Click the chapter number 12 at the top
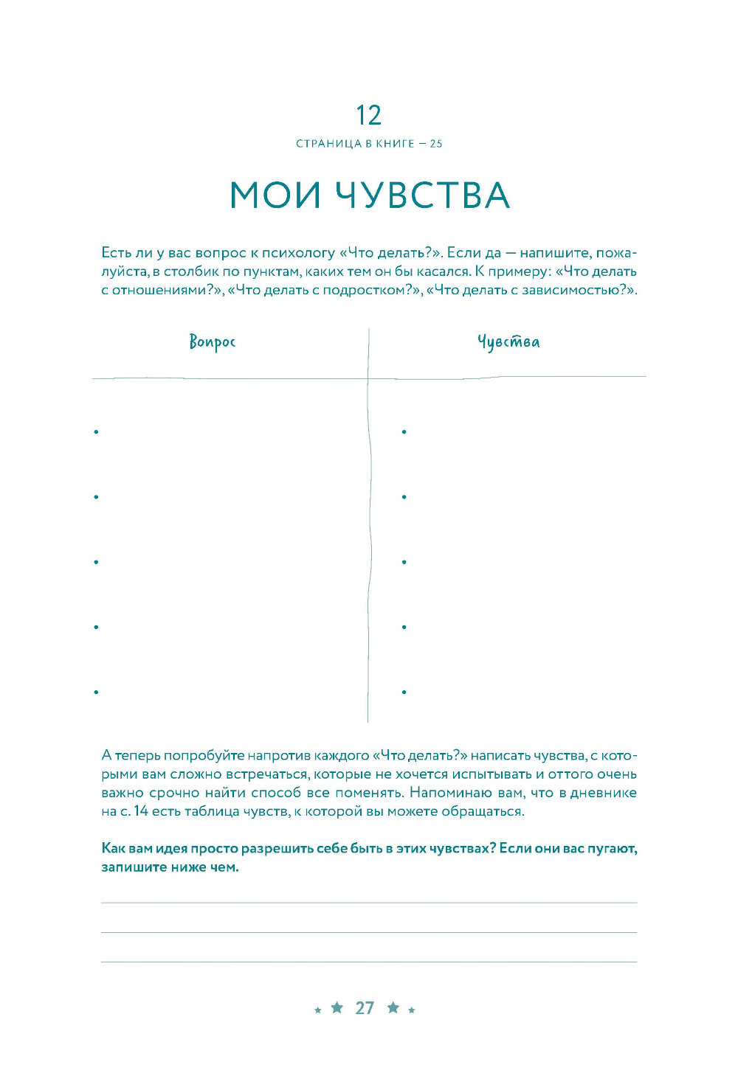pyautogui.click(x=368, y=116)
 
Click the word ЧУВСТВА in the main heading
pyautogui.click(x=423, y=195)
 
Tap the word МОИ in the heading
pyautogui.click(x=275, y=195)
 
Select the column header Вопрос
pyautogui.click(x=213, y=342)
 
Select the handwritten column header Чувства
pyautogui.click(x=508, y=342)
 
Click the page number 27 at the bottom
pyautogui.click(x=365, y=1008)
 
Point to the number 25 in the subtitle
pyautogui.click(x=436, y=144)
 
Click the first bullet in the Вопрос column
pyautogui.click(x=96, y=431)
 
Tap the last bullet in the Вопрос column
pyautogui.click(x=96, y=692)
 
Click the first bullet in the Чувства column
pyautogui.click(x=404, y=431)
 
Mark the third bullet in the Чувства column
pyautogui.click(x=404, y=562)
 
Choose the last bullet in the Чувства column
pyautogui.click(x=404, y=692)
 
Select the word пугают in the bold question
pyautogui.click(x=612, y=848)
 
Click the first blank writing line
pyautogui.click(x=369, y=902)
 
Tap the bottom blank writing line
pyautogui.click(x=369, y=961)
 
